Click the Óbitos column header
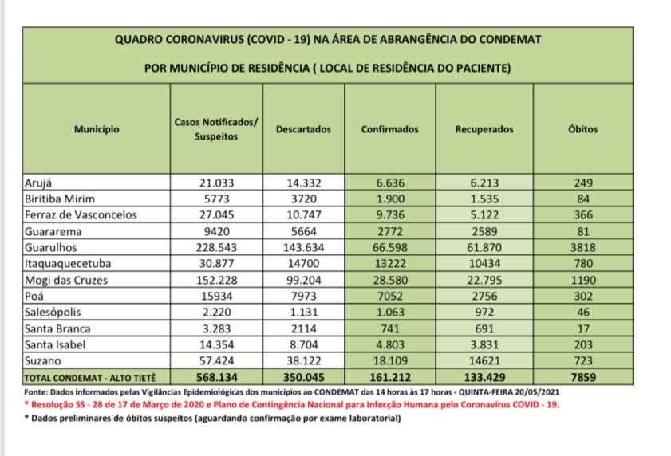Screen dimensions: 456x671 (x=583, y=129)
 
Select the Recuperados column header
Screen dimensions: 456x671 (x=484, y=129)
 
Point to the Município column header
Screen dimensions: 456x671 (x=97, y=129)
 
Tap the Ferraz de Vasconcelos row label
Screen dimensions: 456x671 (x=81, y=215)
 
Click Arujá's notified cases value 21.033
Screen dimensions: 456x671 (x=216, y=183)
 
